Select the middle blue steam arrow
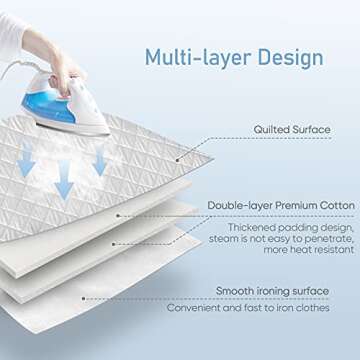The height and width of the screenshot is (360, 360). coord(63,184)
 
